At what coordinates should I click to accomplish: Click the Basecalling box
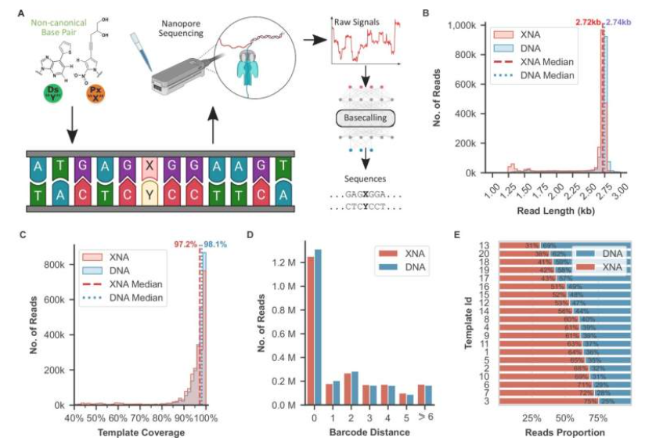(362, 118)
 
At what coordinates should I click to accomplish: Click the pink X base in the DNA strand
(150, 167)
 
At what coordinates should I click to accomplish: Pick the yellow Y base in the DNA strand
(150, 194)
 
